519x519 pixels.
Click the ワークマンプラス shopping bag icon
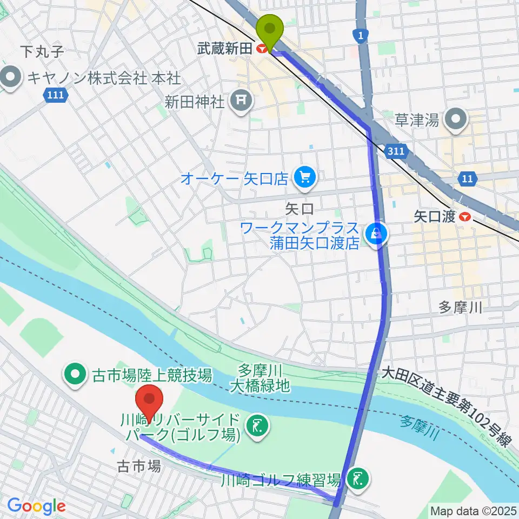(374, 234)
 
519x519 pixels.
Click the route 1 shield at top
(359, 36)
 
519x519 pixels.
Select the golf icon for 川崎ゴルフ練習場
(356, 478)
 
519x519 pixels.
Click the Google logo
(36, 506)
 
